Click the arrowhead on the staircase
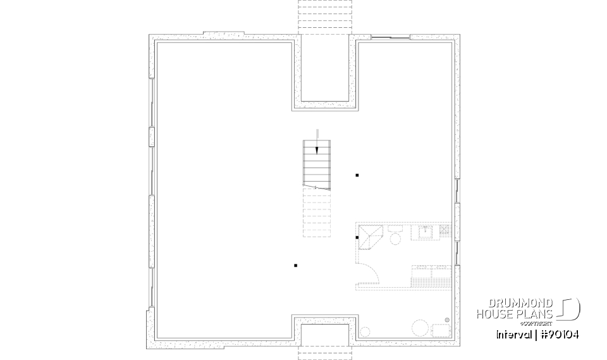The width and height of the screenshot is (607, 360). pos(317,150)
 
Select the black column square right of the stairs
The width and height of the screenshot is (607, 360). pos(357,175)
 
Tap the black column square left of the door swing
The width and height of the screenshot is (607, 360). pos(295,265)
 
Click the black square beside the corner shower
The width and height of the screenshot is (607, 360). pos(357,237)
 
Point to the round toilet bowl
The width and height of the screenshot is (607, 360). pos(396,238)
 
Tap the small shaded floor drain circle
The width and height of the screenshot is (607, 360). pos(447,320)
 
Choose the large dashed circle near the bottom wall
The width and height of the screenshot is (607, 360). pos(420,328)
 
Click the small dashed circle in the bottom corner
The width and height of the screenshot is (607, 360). pos(365,332)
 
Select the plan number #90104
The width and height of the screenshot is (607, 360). pos(560,334)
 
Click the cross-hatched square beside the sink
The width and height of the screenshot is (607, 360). pos(445,232)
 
